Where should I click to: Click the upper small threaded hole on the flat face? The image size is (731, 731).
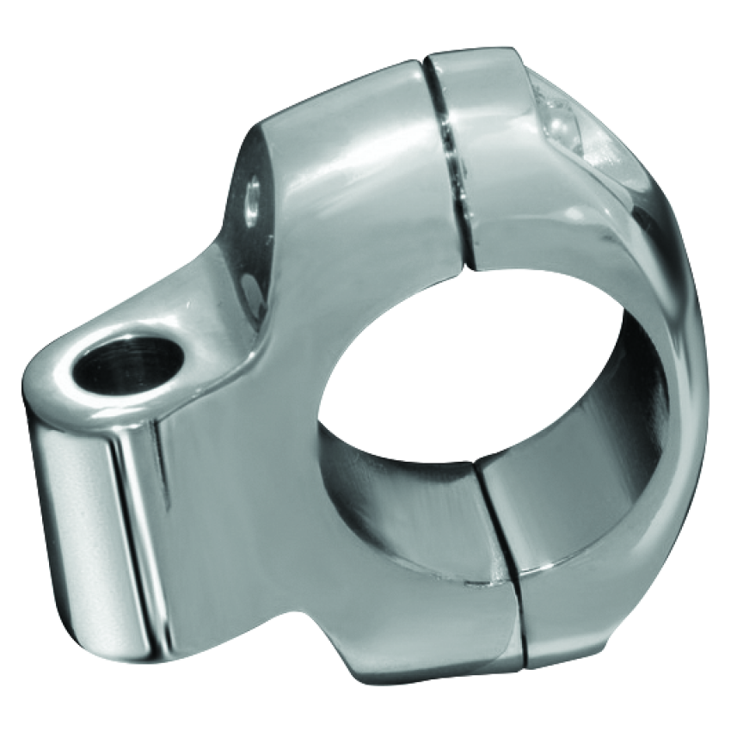251,199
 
